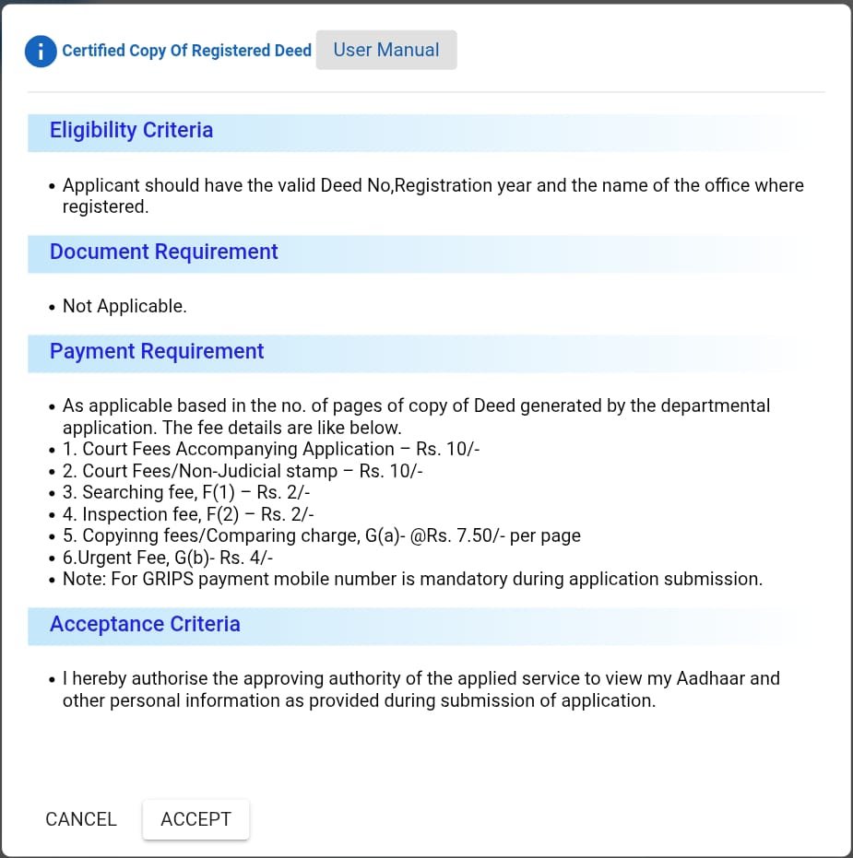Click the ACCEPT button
[195, 819]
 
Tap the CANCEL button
[81, 819]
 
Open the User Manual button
[385, 50]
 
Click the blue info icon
[41, 51]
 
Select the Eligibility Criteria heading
[131, 130]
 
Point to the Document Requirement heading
[163, 252]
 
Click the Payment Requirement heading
[157, 351]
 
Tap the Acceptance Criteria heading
[145, 624]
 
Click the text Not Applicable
[124, 306]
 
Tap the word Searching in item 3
[122, 493]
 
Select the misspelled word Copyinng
[121, 535]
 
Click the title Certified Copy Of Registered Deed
[186, 51]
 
